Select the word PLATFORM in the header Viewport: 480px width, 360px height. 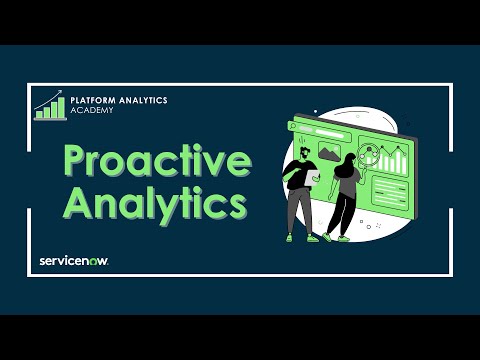click(93, 101)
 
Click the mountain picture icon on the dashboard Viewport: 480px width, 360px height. click(329, 152)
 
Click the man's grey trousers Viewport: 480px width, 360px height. click(299, 212)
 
